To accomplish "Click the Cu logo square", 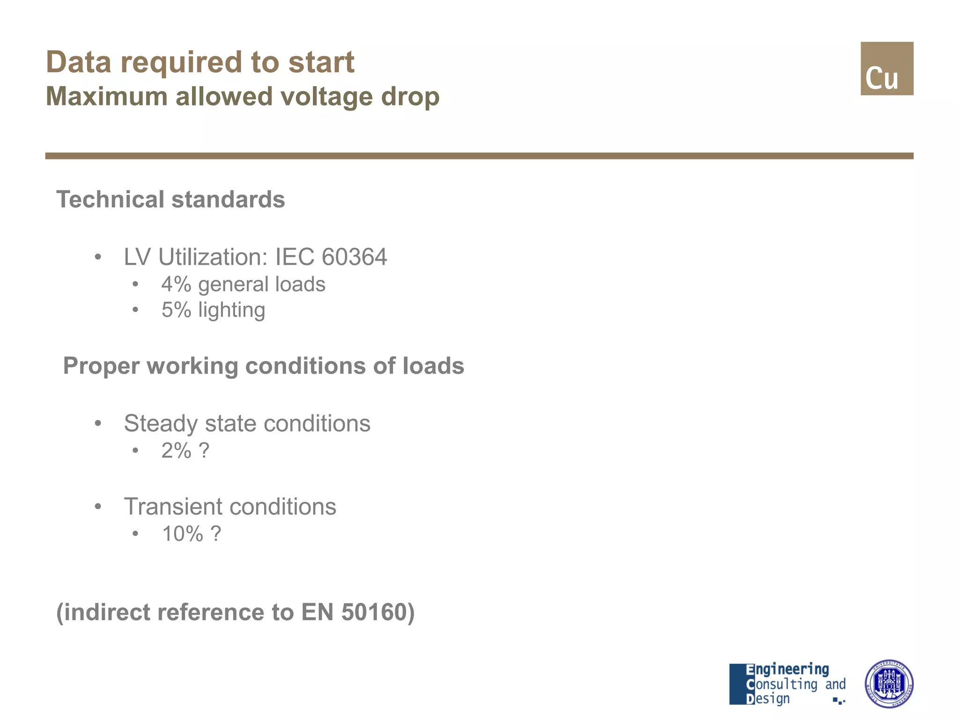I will (x=886, y=68).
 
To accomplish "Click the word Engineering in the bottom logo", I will (x=787, y=669).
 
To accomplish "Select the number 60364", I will (x=354, y=257).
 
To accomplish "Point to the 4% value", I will (x=176, y=285).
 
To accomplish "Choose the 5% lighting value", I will (x=176, y=310).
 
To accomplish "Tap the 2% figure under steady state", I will (x=176, y=451).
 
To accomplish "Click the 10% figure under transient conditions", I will (x=182, y=534).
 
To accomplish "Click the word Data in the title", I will (x=79, y=62).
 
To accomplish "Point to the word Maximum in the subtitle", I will (x=107, y=97).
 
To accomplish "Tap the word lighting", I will (x=231, y=310).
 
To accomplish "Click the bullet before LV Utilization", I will (x=98, y=257).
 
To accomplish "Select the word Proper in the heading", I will (x=101, y=366).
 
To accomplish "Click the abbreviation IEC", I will (x=295, y=257).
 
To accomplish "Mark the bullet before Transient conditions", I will (x=98, y=507).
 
